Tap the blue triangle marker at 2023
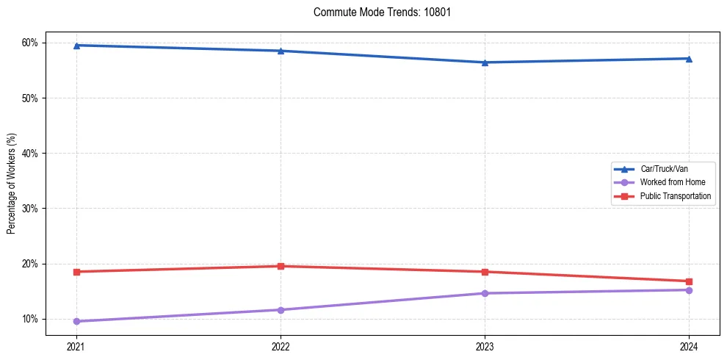tap(485, 62)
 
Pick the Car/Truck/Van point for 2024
tap(689, 59)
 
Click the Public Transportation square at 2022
tap(281, 266)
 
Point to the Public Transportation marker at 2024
tap(689, 281)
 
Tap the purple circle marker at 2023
tap(485, 293)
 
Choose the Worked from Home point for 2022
tap(281, 310)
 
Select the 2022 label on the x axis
tap(281, 347)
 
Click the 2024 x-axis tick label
tap(689, 347)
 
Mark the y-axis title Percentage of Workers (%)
tap(11, 184)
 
